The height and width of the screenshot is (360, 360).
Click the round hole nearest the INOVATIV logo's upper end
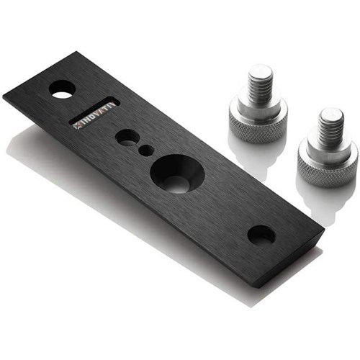click(x=61, y=89)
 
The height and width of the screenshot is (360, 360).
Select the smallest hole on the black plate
click(x=146, y=150)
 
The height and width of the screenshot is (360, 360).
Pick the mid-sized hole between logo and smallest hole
click(x=127, y=137)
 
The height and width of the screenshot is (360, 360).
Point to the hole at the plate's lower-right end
click(x=261, y=234)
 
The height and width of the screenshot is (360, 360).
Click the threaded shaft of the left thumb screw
click(x=261, y=85)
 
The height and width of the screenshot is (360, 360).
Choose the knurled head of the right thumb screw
click(x=328, y=161)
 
